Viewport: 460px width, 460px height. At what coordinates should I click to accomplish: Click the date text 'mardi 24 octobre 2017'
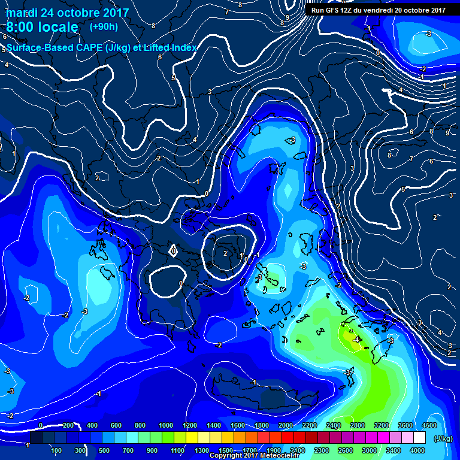pos(67,12)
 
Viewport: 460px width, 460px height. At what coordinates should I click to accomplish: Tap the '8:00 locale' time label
pos(42,27)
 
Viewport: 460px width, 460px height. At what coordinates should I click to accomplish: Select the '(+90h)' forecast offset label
pos(104,27)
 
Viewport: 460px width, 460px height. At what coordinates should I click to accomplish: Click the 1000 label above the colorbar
pos(166,425)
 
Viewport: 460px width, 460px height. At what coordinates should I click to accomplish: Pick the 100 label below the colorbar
pos(57,450)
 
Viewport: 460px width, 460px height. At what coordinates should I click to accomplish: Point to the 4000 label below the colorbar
pos(417,450)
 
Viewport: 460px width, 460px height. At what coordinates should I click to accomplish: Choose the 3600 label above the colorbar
pos(405,425)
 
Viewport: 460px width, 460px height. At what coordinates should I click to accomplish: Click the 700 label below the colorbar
pos(129,450)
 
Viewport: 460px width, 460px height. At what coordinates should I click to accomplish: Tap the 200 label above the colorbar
pos(68,425)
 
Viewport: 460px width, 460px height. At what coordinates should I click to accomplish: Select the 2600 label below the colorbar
pos(346,450)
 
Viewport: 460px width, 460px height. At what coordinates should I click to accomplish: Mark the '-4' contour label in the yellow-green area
pos(356,340)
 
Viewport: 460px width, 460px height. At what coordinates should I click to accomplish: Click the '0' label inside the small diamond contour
pos(174,251)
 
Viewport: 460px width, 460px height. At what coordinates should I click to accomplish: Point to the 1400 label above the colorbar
pos(214,425)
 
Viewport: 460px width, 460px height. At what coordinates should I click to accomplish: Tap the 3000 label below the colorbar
pos(370,450)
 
